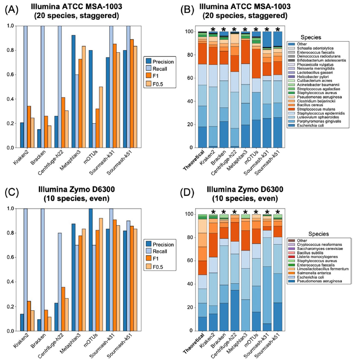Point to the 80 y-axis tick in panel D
(x=191, y=238)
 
